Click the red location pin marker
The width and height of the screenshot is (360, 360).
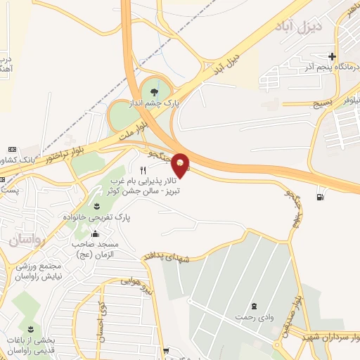pyautogui.click(x=181, y=165)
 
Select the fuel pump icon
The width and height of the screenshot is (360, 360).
pyautogui.click(x=321, y=196)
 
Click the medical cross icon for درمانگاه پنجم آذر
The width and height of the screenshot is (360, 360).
pyautogui.click(x=332, y=56)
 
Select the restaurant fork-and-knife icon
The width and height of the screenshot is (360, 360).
pyautogui.click(x=143, y=170)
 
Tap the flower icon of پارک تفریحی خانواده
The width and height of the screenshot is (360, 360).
pyautogui.click(x=96, y=205)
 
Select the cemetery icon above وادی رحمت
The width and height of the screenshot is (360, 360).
pyautogui.click(x=254, y=306)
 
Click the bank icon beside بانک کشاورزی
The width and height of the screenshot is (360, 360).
pyautogui.click(x=12, y=150)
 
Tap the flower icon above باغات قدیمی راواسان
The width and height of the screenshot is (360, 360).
pyautogui.click(x=31, y=329)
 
